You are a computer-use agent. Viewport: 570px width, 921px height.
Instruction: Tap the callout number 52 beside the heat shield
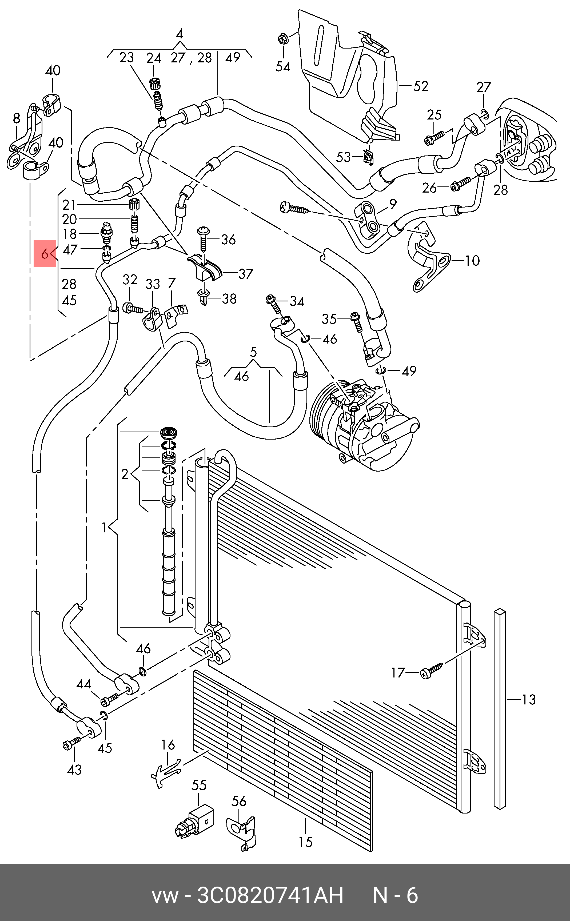click(421, 86)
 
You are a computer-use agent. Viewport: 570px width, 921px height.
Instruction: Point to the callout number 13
click(529, 700)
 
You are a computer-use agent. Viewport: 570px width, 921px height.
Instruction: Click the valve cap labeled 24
click(153, 83)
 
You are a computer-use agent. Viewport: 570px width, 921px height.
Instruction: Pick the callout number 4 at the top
click(180, 35)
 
